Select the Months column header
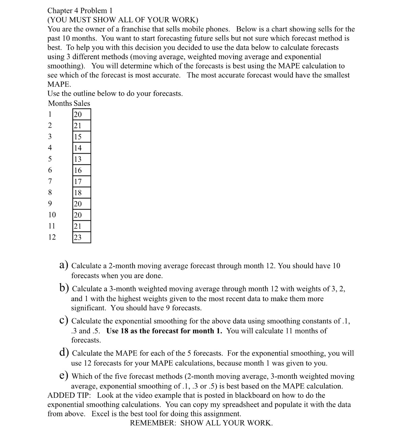[60, 104]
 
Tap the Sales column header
[82, 104]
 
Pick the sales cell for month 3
[82, 137]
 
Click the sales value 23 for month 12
[82, 237]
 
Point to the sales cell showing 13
[82, 159]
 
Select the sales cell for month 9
[82, 204]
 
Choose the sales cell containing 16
[82, 170]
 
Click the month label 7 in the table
[50, 181]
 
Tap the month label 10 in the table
[52, 215]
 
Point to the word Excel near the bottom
[101, 414]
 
